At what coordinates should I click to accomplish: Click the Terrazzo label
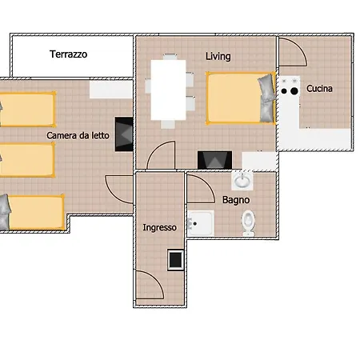(x=68, y=55)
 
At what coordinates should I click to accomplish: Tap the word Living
(x=218, y=57)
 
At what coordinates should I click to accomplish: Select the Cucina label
(x=319, y=89)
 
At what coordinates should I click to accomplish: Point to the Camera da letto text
(x=78, y=136)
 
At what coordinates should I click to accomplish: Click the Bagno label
(x=236, y=200)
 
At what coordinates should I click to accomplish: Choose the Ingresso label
(x=159, y=227)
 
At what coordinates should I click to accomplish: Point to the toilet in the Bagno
(x=249, y=222)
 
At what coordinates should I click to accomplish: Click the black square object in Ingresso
(x=174, y=258)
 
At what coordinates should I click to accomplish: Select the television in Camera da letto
(x=124, y=134)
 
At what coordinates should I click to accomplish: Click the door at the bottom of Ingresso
(x=150, y=286)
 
